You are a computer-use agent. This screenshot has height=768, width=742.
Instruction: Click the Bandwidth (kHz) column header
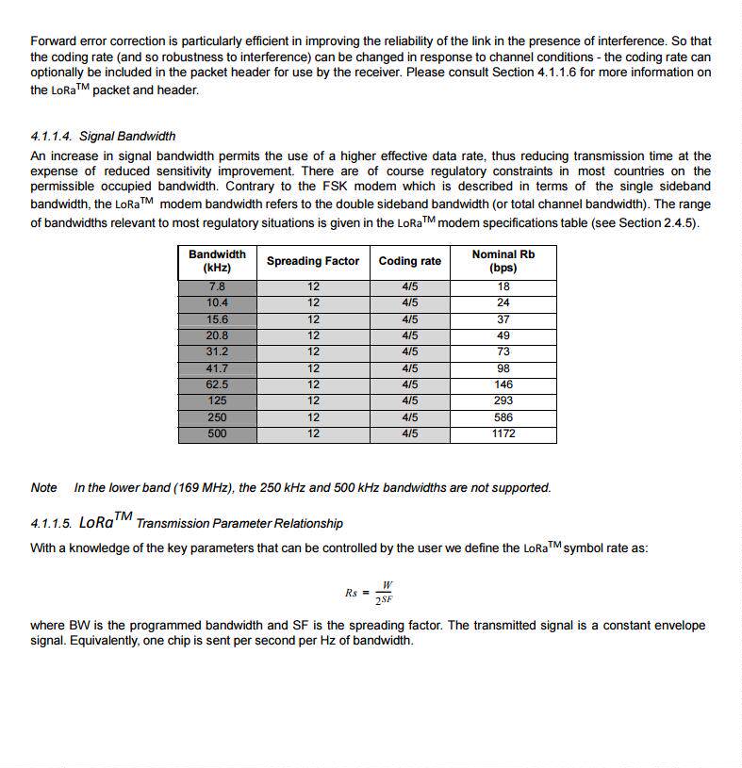(x=217, y=261)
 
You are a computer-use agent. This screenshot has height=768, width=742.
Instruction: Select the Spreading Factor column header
(x=313, y=261)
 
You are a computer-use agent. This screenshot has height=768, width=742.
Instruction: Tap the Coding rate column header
(x=410, y=261)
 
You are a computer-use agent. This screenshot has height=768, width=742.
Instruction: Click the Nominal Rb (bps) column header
(x=503, y=261)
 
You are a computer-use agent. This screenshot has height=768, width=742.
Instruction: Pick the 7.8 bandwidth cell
(x=217, y=286)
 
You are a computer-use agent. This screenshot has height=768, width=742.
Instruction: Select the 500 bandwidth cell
(x=217, y=434)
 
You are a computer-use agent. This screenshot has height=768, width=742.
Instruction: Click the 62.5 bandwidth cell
(x=217, y=384)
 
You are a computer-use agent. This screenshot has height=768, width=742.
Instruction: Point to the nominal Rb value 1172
(x=503, y=434)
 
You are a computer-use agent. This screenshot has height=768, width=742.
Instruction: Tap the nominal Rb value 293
(x=503, y=401)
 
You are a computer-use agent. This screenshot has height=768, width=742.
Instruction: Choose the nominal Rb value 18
(x=503, y=286)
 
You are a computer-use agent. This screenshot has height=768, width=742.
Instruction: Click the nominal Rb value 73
(x=503, y=351)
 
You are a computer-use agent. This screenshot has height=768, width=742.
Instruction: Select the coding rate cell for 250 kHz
(x=410, y=417)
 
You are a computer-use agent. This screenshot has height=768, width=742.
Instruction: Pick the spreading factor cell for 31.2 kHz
(x=313, y=351)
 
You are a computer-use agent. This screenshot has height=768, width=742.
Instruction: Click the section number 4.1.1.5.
(x=52, y=523)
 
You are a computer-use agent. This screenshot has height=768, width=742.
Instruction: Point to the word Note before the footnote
(x=44, y=488)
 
